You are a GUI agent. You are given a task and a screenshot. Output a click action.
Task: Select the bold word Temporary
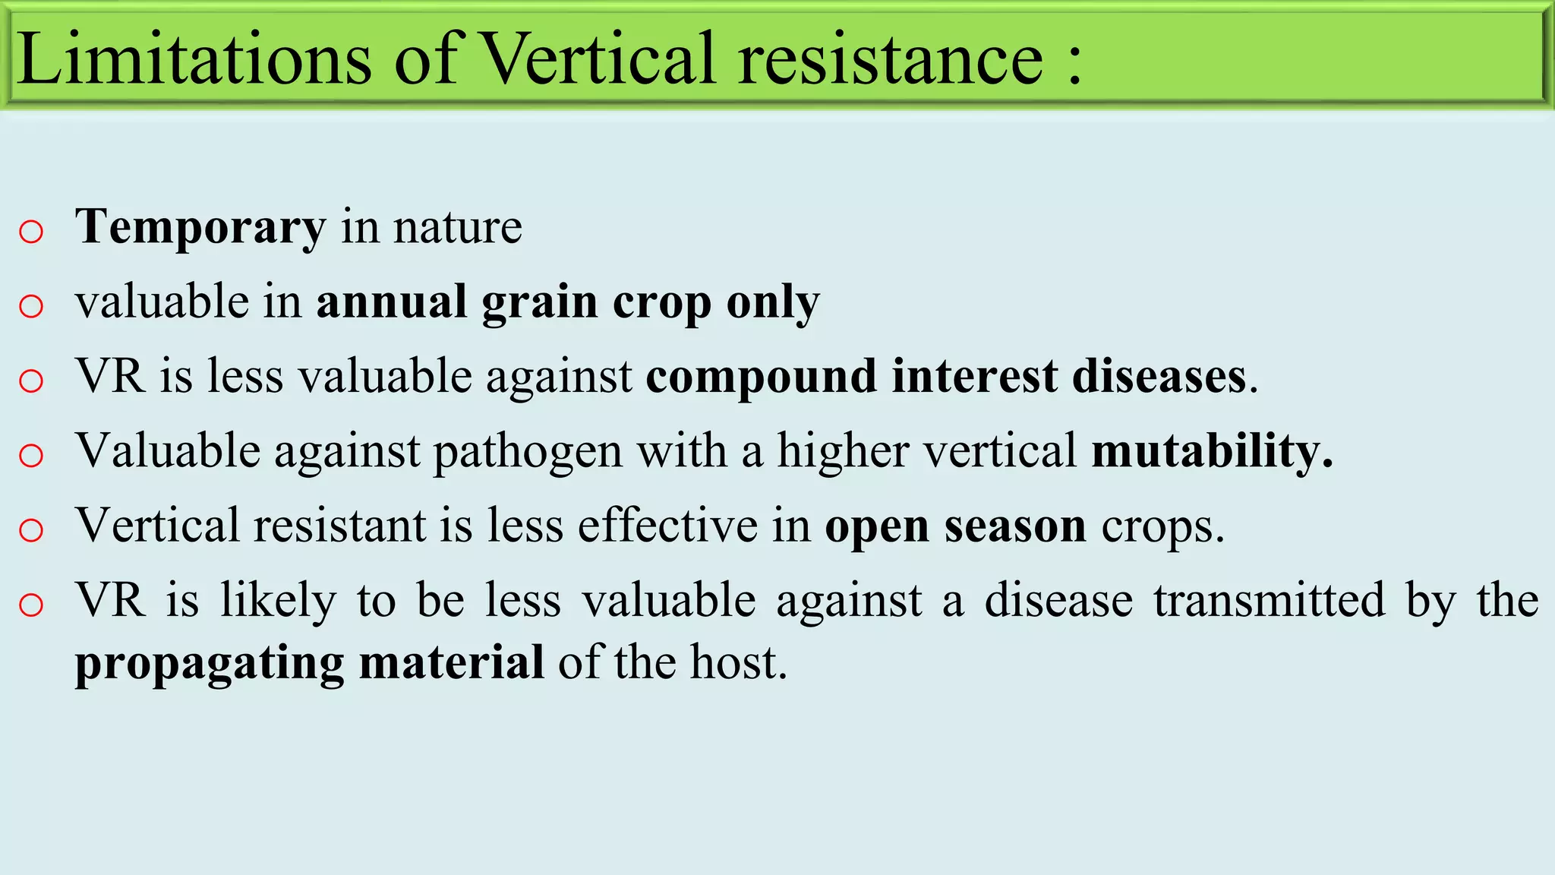click(x=200, y=228)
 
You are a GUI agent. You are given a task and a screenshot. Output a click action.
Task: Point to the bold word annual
click(x=391, y=302)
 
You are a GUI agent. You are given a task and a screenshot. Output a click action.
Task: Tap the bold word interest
click(x=974, y=377)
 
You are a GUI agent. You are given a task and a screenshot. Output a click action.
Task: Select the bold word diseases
click(x=1159, y=377)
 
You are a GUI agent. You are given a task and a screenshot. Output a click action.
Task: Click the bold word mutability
click(x=1210, y=451)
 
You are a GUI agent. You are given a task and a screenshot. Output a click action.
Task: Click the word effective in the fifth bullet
click(x=667, y=526)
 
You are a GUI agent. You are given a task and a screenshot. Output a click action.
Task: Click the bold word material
click(x=451, y=662)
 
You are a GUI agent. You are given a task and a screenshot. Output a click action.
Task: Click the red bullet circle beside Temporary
click(x=31, y=232)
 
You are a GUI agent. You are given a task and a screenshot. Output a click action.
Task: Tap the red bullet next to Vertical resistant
click(x=31, y=530)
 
